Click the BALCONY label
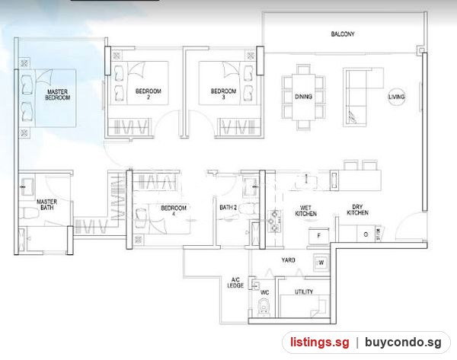[343, 34]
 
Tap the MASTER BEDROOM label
[57, 95]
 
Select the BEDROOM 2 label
[149, 94]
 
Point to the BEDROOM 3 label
[223, 94]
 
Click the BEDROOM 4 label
[174, 211]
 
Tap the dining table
[303, 97]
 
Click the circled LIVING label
[396, 97]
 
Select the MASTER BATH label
[47, 205]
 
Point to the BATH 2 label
[228, 207]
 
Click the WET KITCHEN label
[305, 211]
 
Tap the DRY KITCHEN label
[357, 210]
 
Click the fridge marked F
[319, 236]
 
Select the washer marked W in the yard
[321, 263]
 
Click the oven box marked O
[366, 234]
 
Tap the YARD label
[288, 260]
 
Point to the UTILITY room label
[304, 292]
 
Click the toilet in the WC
[264, 307]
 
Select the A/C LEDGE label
[235, 283]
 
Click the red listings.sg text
[319, 342]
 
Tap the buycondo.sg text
[403, 342]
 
